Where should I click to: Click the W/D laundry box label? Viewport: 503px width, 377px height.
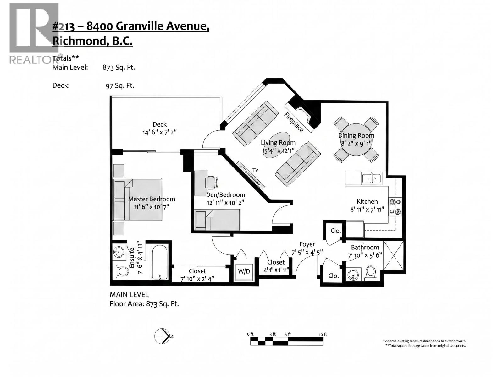coord(244,271)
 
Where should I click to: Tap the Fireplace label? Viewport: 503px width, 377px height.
coord(294,122)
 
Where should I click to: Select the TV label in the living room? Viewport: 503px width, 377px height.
coord(255,170)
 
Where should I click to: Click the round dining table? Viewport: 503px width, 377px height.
coord(356,139)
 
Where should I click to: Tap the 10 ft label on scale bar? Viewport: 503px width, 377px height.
coord(323,334)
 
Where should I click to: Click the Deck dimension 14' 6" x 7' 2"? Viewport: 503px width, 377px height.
coord(159,132)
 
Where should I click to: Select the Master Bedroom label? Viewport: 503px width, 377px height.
coord(152,199)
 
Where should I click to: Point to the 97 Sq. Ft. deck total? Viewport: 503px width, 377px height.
coord(120,85)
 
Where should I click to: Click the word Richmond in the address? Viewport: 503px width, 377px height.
coord(78,41)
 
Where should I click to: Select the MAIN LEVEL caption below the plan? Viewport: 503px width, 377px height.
coord(129,294)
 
